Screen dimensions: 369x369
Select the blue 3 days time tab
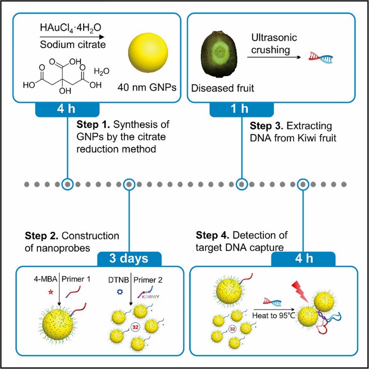[129, 259]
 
